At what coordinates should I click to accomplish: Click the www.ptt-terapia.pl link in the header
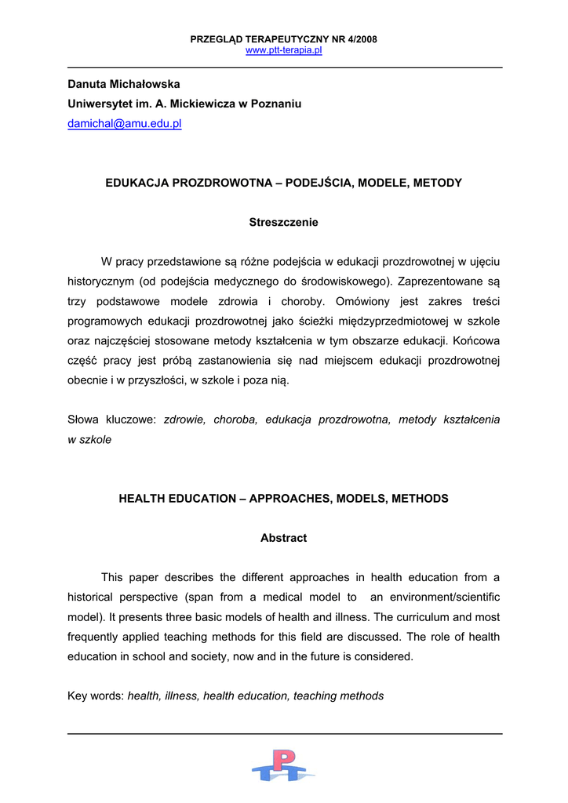283,50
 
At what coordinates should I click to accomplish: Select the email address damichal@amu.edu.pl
124,124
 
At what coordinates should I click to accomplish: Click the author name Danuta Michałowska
123,84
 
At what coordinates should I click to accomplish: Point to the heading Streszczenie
283,222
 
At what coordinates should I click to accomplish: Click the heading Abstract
283,538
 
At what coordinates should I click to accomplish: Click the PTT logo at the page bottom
283,765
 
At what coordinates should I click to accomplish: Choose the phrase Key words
95,696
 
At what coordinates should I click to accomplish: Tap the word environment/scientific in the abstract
437,597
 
